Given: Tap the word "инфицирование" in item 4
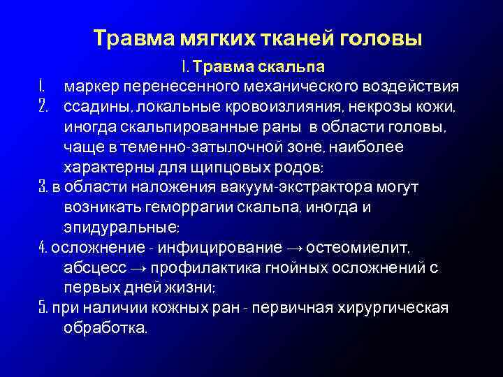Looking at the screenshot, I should (220, 249).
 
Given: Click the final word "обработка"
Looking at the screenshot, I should (104, 328).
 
